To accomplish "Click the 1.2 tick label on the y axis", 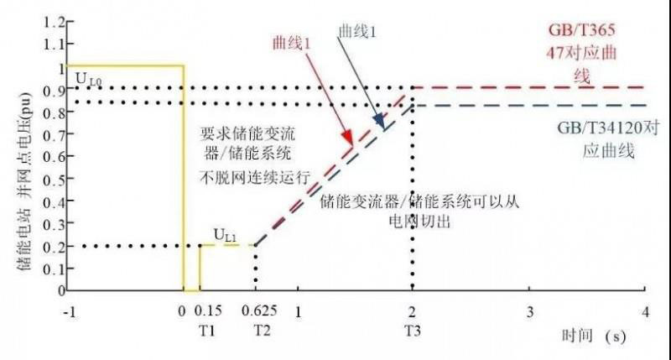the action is (54, 22).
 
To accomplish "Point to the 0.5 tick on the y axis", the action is (54, 179).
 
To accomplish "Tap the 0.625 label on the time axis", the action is (259, 310).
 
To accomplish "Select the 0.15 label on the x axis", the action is (208, 310).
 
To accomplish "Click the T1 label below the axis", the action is (207, 331).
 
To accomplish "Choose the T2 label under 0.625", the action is (262, 331).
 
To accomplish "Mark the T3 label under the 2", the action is (413, 331).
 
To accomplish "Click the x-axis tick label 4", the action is (645, 311).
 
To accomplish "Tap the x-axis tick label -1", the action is (70, 311).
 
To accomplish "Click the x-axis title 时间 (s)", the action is (594, 336).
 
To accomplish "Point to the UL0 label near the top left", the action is (89, 79).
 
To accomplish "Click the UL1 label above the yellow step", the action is (226, 236).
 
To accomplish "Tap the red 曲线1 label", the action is (292, 44).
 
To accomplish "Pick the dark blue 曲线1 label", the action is (357, 31).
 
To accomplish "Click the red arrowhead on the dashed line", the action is (349, 137).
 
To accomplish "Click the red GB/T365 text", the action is (581, 30).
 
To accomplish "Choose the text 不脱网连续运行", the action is (255, 177).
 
